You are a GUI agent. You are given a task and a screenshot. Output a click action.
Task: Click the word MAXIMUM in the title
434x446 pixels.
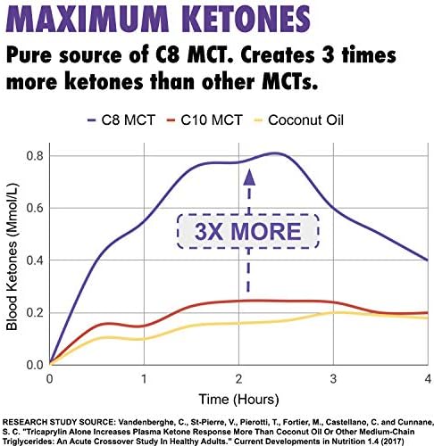pyautogui.click(x=87, y=19)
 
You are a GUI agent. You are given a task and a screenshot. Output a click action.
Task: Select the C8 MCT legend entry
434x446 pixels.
pyautogui.click(x=121, y=120)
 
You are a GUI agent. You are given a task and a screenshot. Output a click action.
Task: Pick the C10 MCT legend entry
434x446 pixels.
pyautogui.click(x=204, y=120)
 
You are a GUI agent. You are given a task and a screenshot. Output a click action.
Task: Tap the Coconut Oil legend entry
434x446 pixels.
pyautogui.click(x=298, y=120)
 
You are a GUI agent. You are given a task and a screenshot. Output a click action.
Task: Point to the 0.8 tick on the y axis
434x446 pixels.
pyautogui.click(x=35, y=156)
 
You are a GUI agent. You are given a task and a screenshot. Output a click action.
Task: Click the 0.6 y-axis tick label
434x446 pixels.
pyautogui.click(x=35, y=208)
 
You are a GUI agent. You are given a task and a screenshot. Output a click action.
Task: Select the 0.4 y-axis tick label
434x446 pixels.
pyautogui.click(x=35, y=260)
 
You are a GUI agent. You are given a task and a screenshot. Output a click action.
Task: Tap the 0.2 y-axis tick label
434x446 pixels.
pyautogui.click(x=35, y=313)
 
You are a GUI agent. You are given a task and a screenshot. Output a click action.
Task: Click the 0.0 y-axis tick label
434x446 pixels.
pyautogui.click(x=35, y=365)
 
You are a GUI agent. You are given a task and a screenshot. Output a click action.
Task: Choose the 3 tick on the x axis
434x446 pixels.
pyautogui.click(x=333, y=379)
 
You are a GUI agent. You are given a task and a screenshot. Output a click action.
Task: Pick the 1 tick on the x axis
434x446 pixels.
pyautogui.click(x=144, y=379)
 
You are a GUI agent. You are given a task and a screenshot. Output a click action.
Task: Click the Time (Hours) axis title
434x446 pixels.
pyautogui.click(x=238, y=400)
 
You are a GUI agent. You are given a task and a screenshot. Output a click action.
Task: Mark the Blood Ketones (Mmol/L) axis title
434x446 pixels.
pyautogui.click(x=13, y=257)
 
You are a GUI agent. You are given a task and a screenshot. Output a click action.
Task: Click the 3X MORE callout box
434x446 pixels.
pyautogui.click(x=248, y=231)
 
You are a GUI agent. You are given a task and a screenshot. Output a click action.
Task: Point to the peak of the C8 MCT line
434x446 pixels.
pyautogui.click(x=275, y=153)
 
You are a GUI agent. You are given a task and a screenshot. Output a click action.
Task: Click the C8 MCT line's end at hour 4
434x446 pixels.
pyautogui.click(x=428, y=260)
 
